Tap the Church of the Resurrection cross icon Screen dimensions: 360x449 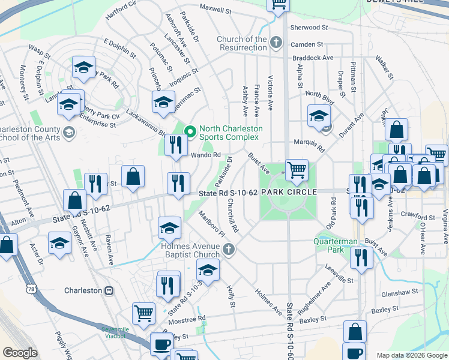pos(276,43)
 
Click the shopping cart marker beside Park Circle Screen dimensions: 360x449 pos(297,170)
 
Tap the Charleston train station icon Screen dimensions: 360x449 pos(109,291)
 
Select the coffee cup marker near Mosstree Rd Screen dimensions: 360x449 pos(161,344)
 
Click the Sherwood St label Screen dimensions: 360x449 pos(309,28)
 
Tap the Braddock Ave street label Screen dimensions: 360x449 pos(313,58)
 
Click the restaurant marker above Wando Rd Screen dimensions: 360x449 pos(175,145)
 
